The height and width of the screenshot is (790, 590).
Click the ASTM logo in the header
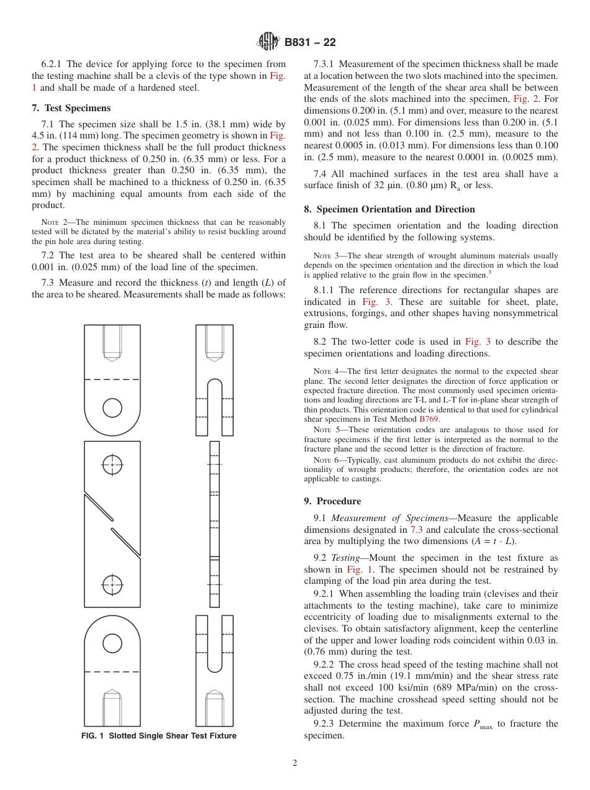(268, 42)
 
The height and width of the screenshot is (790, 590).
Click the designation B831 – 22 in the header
(310, 43)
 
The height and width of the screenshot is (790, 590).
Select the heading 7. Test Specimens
(71, 108)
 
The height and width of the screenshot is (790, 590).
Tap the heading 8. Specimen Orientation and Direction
(389, 209)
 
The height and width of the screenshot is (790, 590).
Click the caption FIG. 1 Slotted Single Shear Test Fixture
(159, 736)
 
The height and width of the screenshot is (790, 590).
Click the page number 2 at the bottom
(295, 763)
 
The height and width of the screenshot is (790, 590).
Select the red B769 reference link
(430, 419)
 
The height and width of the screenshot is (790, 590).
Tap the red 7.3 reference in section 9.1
(417, 530)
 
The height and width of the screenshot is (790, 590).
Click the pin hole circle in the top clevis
(112, 407)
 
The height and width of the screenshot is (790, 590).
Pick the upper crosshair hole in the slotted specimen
(112, 464)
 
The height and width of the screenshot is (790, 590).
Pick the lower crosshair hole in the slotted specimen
(112, 584)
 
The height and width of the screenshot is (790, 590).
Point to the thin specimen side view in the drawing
(214, 524)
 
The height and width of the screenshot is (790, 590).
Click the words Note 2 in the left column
(53, 222)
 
